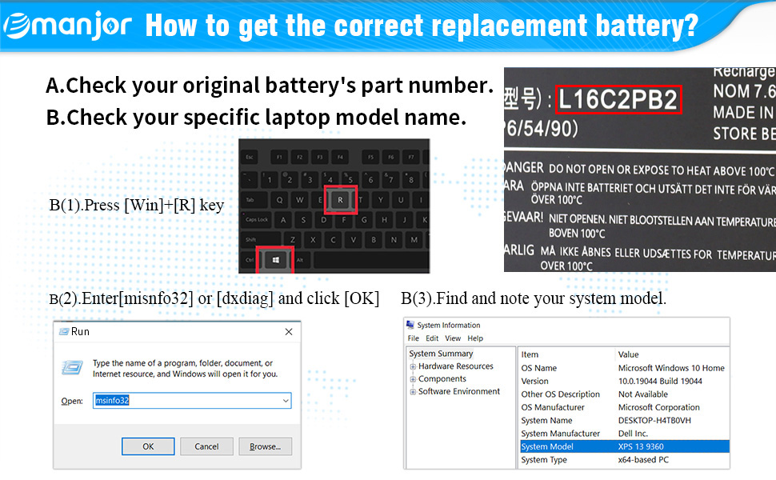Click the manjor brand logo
[67, 26]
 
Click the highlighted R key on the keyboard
[340, 199]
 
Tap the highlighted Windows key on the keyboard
[274, 260]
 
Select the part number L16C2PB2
[618, 100]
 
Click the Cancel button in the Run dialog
[206, 446]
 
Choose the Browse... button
[265, 446]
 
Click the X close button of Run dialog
[288, 331]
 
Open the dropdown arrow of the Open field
[285, 400]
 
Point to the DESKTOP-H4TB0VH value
[654, 420]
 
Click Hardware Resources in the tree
[455, 366]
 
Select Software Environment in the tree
[458, 392]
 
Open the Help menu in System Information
[475, 338]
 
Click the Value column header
[629, 354]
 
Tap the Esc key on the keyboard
[250, 156]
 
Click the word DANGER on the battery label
[524, 169]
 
